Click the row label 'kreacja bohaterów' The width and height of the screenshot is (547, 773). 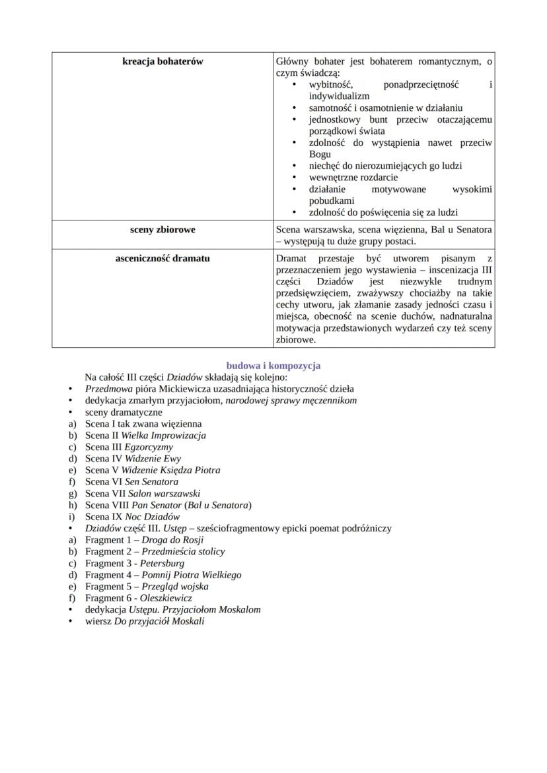(163, 61)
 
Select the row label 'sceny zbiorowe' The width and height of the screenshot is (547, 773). (163, 230)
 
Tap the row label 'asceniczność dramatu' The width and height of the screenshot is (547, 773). (163, 258)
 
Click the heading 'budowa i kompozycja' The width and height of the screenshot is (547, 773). (273, 365)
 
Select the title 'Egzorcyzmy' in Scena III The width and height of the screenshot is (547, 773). (149, 447)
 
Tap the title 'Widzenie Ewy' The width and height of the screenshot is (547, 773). (152, 459)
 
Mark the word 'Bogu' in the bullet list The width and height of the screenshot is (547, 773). (320, 154)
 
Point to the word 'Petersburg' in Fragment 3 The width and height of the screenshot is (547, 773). (163, 563)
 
